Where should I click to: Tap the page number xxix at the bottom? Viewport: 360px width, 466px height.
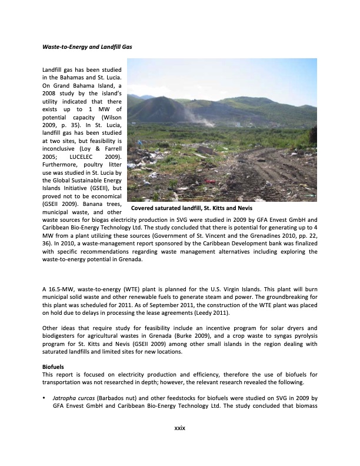point(179,428)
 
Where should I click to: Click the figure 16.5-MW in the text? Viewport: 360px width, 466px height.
point(61,289)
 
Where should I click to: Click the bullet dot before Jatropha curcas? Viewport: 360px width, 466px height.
point(45,398)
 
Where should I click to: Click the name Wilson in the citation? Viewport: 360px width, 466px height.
point(110,117)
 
